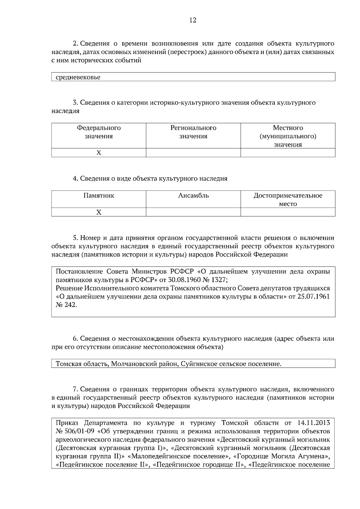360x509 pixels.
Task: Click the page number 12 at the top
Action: (193, 20)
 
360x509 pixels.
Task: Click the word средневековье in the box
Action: (78, 77)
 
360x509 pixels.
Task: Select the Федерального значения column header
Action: (99, 132)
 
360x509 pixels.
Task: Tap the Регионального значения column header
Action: (193, 132)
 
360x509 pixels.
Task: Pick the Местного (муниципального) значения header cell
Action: (288, 136)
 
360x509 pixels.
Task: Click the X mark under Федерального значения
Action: (99, 153)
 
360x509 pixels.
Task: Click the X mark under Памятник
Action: (99, 212)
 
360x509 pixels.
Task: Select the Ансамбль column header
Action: (193, 196)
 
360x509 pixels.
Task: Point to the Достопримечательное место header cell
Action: (288, 200)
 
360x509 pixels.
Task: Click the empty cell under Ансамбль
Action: (193, 212)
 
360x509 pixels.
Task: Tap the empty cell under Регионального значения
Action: (193, 153)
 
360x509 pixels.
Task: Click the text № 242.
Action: (66, 305)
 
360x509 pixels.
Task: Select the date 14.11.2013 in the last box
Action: (313, 423)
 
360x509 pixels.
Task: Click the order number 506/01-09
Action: (78, 431)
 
